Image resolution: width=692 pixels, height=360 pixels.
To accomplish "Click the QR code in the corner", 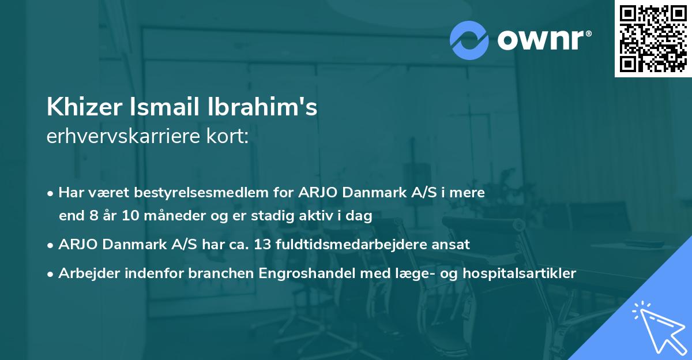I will tap(653, 39).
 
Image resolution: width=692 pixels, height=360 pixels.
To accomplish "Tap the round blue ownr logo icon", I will tap(469, 40).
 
